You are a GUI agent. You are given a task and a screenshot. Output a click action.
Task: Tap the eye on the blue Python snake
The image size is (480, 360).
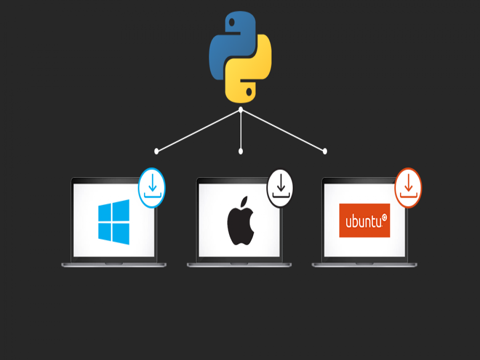coord(232,22)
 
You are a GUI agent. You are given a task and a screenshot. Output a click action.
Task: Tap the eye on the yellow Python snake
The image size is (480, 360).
coord(249,92)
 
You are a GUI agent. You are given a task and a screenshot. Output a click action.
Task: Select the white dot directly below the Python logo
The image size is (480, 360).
coord(241,110)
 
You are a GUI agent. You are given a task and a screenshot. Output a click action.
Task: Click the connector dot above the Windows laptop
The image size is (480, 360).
coord(156,151)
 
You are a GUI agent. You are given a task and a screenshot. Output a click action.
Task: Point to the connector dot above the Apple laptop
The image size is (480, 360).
coord(241,151)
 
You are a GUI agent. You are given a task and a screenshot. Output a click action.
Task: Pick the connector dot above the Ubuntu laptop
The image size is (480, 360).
coord(325,151)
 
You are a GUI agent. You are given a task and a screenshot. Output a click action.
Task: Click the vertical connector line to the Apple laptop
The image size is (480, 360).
coord(241,130)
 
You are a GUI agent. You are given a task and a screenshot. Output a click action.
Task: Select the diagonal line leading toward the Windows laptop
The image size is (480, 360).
coord(198,130)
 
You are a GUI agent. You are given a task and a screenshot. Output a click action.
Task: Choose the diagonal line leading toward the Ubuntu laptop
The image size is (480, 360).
coord(283,130)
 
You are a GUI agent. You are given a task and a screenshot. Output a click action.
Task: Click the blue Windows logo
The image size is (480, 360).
coord(114,222)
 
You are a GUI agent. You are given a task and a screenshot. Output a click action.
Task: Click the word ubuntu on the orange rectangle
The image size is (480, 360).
coord(364,222)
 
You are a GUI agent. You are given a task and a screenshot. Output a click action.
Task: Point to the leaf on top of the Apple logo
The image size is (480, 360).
coord(244,201)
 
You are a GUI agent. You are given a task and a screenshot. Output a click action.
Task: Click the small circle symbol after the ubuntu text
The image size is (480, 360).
coord(384,217)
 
